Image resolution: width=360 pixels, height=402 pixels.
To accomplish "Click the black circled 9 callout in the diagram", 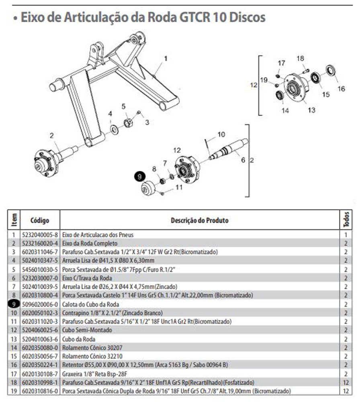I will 139,176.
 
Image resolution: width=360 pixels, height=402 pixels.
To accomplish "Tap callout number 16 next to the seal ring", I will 341,89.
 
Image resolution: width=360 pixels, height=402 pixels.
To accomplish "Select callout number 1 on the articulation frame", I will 165,58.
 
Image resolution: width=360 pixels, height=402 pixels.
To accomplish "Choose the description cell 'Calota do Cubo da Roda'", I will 86,304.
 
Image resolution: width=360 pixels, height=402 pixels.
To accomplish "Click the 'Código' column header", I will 39,220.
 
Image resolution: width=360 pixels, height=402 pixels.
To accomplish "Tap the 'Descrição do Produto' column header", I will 200,220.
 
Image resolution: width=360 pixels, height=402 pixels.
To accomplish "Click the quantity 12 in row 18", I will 346,382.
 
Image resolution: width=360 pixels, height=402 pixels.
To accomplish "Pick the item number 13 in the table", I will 14,339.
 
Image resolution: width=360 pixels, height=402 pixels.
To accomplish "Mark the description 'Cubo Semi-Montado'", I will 82,330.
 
